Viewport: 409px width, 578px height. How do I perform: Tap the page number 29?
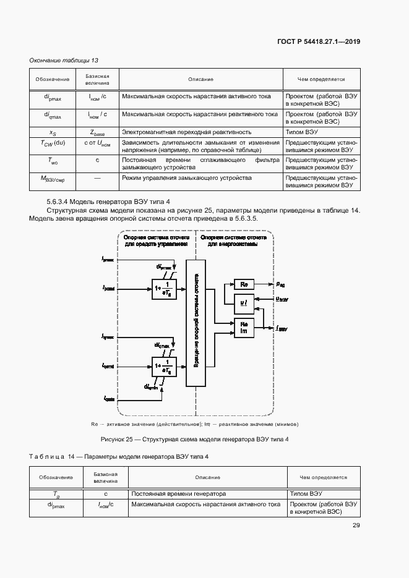pos(356,525)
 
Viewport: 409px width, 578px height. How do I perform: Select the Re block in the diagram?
pos(244,284)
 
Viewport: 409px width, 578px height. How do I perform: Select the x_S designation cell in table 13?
pos(52,132)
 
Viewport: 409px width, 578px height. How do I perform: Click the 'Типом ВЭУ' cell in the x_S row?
pos(303,132)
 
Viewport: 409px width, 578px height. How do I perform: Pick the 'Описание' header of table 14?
pos(208,477)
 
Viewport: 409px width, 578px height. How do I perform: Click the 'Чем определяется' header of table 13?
pos(321,79)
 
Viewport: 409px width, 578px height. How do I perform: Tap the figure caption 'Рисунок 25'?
pos(195,439)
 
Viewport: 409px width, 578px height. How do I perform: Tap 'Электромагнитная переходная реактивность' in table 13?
pos(186,132)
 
